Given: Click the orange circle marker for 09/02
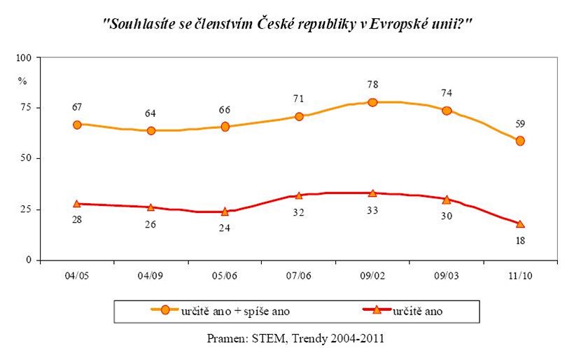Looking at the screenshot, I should pos(372,102).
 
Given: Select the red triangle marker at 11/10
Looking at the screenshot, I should pos(520,224).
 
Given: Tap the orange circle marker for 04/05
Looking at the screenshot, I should pos(77,125).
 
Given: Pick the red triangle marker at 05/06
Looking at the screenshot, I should pos(225,212).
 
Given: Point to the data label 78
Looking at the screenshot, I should pos(372,85).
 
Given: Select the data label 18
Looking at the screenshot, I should pos(520,241).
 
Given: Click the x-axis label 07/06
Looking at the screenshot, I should pos(299,275).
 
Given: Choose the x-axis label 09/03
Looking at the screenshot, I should pos(447,275).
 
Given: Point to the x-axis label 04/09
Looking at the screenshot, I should pos(150,275).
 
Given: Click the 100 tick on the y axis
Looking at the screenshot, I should pos(23,57).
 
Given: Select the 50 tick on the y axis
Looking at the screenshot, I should pos(26,158).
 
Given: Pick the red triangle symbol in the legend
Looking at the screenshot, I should pos(376,310).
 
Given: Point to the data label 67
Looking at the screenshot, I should pos(77,107).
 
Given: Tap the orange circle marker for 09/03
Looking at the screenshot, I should pos(447,111).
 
